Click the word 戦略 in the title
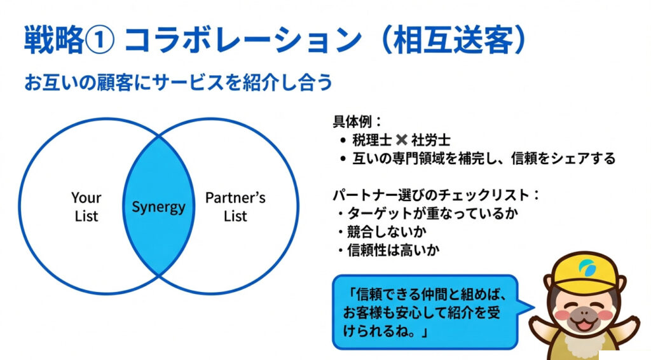click(53, 41)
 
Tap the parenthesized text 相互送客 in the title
click(453, 41)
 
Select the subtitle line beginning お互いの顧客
click(178, 84)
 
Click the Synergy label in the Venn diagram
click(158, 207)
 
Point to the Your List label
click(86, 207)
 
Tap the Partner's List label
click(235, 207)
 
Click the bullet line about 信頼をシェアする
click(483, 158)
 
